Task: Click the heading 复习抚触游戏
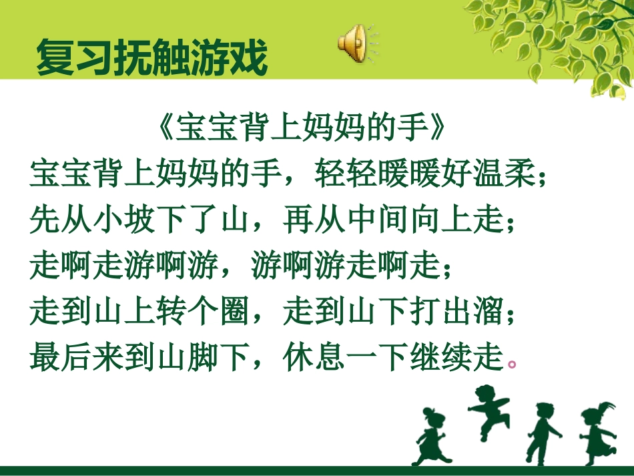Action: point(152,58)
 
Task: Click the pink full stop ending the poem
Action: point(512,365)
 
